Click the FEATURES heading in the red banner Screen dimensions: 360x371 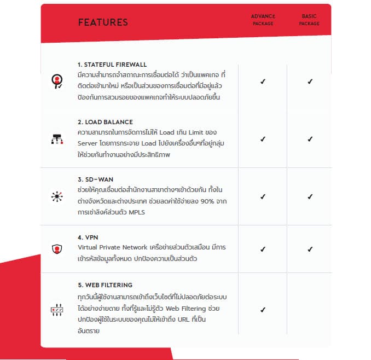point(103,22)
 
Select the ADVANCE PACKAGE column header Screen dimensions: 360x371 point(263,20)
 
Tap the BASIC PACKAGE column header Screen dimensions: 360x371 point(309,20)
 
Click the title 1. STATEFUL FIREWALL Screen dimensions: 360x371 point(112,64)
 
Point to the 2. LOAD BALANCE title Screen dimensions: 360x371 point(105,121)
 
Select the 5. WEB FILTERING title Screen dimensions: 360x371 point(105,285)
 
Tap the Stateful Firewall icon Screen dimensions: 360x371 point(56,81)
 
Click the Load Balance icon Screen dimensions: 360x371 point(56,138)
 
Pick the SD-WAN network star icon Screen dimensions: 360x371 point(56,196)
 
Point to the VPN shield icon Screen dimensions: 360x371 point(56,249)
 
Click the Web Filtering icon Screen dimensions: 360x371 point(56,309)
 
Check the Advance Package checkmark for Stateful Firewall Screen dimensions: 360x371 point(263,82)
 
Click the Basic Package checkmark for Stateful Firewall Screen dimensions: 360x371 point(310,82)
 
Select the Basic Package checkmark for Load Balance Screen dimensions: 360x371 point(310,139)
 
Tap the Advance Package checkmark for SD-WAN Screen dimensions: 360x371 point(263,196)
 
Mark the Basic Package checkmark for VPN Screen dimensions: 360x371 point(310,249)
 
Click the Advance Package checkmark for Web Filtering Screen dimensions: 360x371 point(263,310)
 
